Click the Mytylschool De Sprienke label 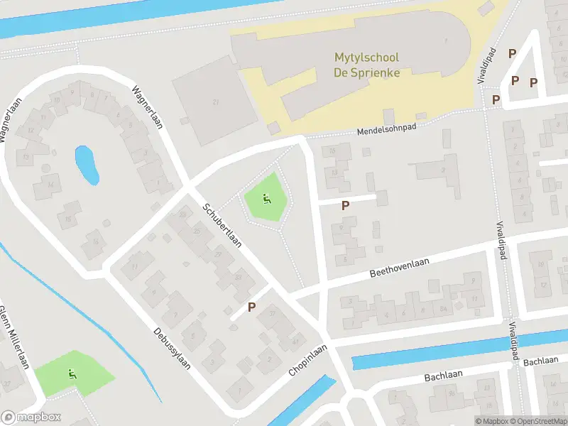coord(366,65)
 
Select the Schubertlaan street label coord(222,226)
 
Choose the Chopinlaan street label coord(306,361)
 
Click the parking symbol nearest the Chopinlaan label coord(251,307)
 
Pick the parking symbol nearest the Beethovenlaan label coord(346,206)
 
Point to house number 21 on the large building coord(215,102)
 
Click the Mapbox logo coord(31,417)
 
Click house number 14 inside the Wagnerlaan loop coord(50,185)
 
